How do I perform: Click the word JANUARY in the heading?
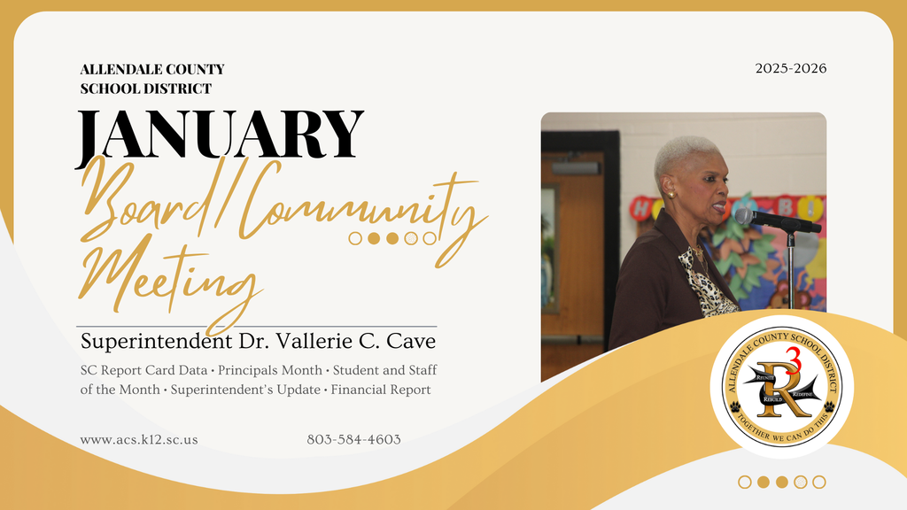coord(221,135)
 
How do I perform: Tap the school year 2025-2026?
coord(791,68)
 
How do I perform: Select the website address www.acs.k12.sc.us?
coord(139,439)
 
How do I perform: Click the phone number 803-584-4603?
coord(353,439)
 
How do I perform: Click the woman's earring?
coord(671,194)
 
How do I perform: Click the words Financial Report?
coord(381,390)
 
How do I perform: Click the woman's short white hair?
coord(682,152)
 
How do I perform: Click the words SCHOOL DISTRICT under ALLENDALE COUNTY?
coord(145,89)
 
